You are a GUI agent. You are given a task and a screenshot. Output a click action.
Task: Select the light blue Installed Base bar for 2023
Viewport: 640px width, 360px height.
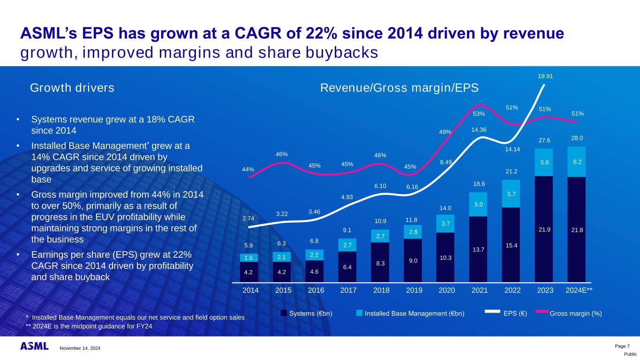click(543, 162)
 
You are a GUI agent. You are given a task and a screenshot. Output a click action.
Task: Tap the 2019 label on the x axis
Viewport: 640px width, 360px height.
click(414, 290)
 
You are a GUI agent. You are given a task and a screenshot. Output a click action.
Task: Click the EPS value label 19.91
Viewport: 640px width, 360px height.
click(544, 75)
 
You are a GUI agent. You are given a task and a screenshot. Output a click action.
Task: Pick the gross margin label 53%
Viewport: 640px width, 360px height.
click(479, 113)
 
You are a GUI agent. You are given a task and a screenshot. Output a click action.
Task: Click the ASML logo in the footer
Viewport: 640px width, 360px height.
click(34, 346)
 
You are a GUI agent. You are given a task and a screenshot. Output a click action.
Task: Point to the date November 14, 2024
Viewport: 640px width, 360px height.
click(80, 348)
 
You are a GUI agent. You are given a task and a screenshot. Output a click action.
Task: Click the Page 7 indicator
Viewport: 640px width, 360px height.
click(622, 346)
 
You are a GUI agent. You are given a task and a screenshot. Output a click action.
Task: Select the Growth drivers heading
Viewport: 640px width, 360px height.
click(72, 88)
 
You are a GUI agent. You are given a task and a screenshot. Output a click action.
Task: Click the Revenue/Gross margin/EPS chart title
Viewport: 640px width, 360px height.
click(399, 88)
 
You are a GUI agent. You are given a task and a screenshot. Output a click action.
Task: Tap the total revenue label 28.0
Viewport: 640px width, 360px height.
click(576, 138)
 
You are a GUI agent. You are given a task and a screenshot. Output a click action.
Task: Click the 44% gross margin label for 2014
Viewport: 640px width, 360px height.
click(248, 169)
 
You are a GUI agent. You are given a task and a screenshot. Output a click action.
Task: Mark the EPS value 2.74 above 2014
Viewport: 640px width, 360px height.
click(248, 218)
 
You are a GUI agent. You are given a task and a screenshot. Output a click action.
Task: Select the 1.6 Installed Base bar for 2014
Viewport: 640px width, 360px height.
click(248, 257)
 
